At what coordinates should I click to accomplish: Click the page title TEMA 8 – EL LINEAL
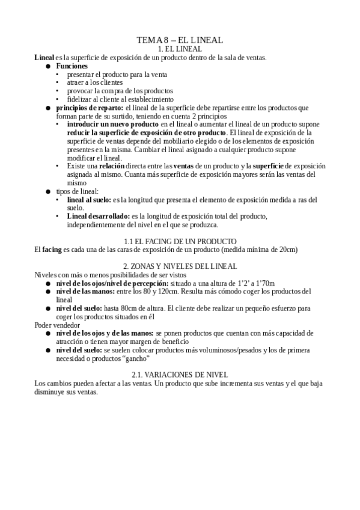point(180,40)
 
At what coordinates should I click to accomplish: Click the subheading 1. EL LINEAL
point(180,48)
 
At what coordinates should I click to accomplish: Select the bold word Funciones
point(72,66)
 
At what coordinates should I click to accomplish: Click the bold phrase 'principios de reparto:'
point(89,108)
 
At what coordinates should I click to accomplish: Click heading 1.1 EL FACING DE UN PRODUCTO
point(180,241)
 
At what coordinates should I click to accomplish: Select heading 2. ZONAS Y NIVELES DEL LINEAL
point(180,266)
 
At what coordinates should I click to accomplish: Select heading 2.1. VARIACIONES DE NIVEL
point(180,375)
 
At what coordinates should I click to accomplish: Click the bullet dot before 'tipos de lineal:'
point(49,191)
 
